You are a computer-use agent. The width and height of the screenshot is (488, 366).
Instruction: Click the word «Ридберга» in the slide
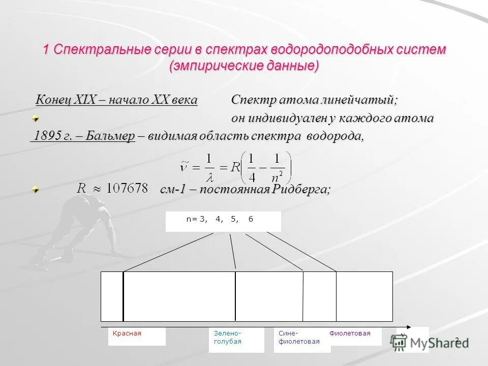pyautogui.click(x=300, y=189)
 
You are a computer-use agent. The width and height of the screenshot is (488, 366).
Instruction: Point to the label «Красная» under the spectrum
pyautogui.click(x=127, y=333)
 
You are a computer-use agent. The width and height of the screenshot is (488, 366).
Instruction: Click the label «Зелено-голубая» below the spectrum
pyautogui.click(x=227, y=337)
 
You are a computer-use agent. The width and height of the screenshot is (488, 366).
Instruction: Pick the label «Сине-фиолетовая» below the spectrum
pyautogui.click(x=299, y=337)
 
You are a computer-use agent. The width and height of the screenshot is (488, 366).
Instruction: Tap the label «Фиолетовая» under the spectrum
pyautogui.click(x=350, y=333)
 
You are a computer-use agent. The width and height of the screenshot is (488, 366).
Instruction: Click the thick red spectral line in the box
pyautogui.click(x=123, y=296)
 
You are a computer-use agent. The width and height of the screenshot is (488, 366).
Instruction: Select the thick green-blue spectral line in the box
pyautogui.click(x=235, y=296)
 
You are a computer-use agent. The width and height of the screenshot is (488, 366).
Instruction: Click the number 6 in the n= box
pyautogui.click(x=251, y=219)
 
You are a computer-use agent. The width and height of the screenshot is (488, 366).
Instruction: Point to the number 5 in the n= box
pyautogui.click(x=234, y=219)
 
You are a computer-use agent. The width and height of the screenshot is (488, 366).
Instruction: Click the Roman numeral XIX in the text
pyautogui.click(x=85, y=100)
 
